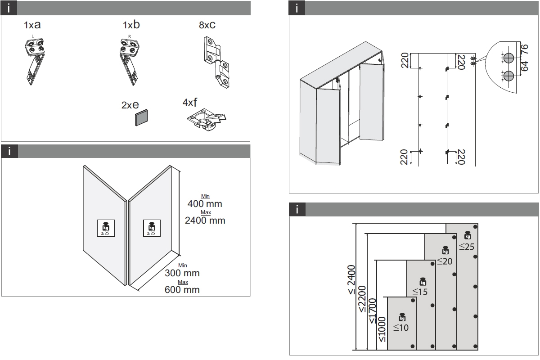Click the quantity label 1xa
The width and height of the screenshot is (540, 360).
point(32,25)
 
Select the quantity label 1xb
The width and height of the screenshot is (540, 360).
point(131,24)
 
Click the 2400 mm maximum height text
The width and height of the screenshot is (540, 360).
point(205,220)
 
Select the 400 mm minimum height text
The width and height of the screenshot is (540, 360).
point(205,204)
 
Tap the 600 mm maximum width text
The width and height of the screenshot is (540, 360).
point(182,290)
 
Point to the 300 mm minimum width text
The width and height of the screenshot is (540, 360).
point(182,273)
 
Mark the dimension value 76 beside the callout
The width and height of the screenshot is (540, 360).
point(524,49)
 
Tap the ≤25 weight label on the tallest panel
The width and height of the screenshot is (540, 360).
point(467,247)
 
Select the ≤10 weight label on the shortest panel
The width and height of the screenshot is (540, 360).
point(401,328)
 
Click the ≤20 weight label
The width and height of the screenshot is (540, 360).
point(445,261)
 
